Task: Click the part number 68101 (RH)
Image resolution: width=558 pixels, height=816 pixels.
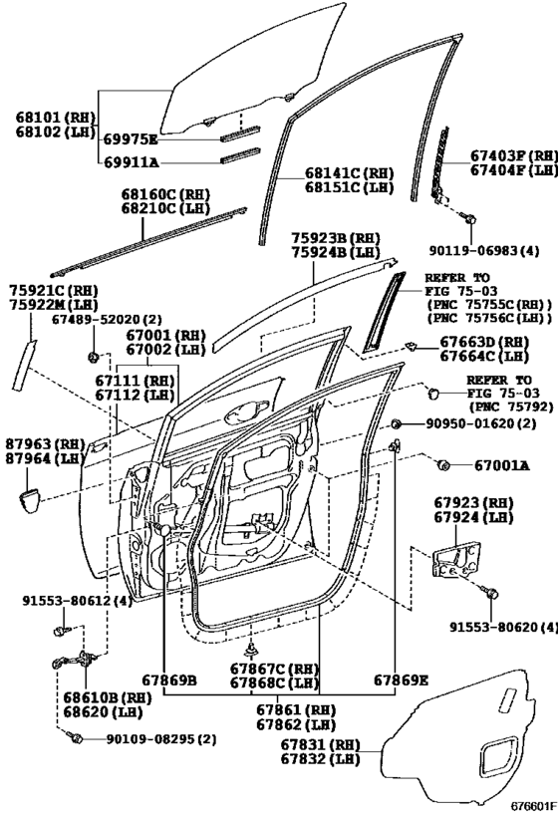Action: tap(56, 117)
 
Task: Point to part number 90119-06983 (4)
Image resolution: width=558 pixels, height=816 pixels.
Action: tap(484, 250)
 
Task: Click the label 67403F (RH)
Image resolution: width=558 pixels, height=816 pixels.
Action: tap(514, 155)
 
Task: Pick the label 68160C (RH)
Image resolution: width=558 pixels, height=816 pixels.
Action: tap(165, 194)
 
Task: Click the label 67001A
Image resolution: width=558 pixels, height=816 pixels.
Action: tap(502, 465)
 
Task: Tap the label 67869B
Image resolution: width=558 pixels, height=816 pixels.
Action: tap(169, 680)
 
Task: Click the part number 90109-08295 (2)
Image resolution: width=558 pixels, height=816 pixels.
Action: tap(161, 739)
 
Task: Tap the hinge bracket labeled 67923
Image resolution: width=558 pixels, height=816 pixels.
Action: tap(456, 559)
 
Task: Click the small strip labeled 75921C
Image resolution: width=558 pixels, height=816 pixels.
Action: tap(24, 365)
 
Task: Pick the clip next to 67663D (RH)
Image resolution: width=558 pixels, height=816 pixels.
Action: tap(412, 346)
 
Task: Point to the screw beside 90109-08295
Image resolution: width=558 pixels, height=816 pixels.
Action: tap(75, 737)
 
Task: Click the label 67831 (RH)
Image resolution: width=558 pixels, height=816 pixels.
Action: tap(321, 744)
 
